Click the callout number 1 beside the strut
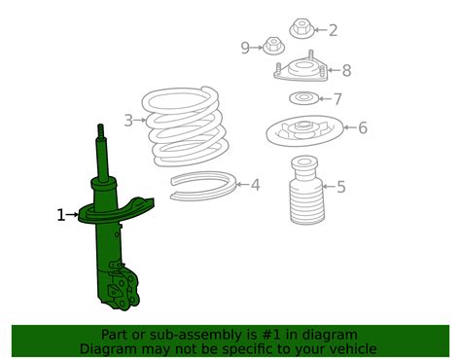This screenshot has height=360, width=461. (x=61, y=215)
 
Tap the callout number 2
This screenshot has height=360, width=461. (x=333, y=30)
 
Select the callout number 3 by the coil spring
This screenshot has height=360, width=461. (x=128, y=121)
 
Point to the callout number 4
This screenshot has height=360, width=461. (x=256, y=185)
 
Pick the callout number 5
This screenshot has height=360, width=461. (x=341, y=187)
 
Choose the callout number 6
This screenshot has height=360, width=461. (x=363, y=127)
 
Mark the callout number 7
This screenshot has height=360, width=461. (x=337, y=99)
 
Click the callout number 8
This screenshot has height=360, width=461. (x=346, y=70)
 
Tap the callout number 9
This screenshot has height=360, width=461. (x=245, y=48)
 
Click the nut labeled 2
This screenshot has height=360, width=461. (x=301, y=28)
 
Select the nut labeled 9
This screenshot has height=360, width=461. (x=273, y=47)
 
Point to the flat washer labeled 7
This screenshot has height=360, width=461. (x=303, y=98)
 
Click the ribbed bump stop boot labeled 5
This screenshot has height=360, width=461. (x=306, y=191)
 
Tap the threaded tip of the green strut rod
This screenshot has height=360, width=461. (x=100, y=130)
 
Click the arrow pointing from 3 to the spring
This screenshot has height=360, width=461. (x=140, y=120)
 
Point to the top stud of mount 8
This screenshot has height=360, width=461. (x=310, y=54)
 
